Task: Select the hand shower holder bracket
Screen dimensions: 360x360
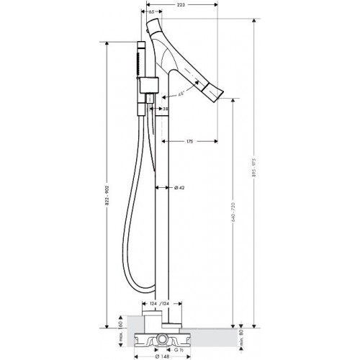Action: (x=148, y=85)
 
